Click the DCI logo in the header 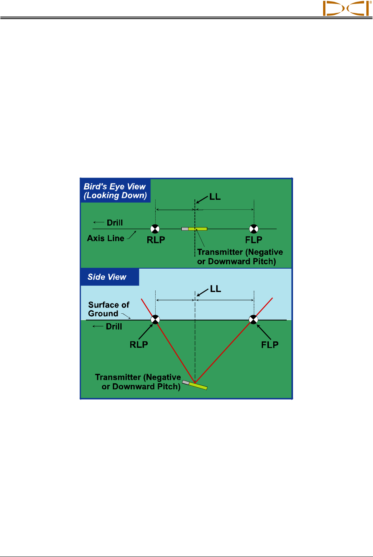(346, 8)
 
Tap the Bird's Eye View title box (115, 191)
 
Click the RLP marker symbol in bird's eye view (155, 229)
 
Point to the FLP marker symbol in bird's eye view (254, 229)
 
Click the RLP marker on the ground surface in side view (155, 319)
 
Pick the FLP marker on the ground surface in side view (253, 319)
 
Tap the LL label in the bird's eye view (215, 197)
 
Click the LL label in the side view (215, 289)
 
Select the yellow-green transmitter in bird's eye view (197, 229)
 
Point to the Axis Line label (106, 238)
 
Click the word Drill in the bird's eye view (115, 223)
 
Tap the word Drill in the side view (114, 326)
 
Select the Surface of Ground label (108, 309)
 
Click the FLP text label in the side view (270, 345)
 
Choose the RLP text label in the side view (139, 345)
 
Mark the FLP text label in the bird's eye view (254, 240)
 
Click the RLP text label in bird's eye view (156, 240)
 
